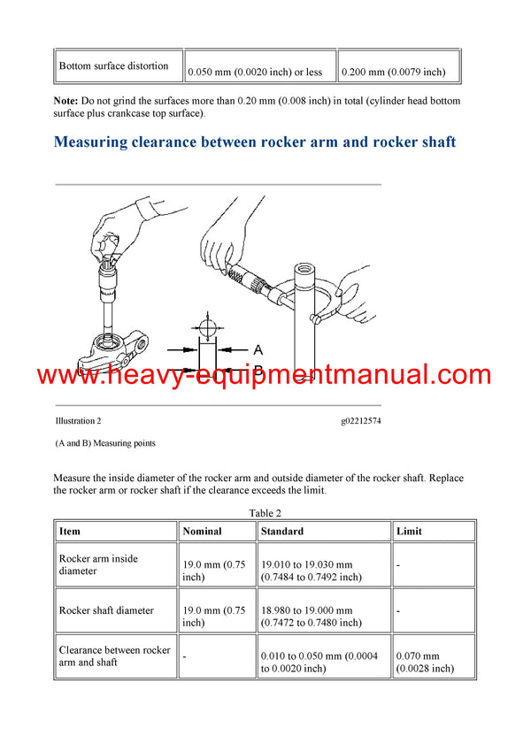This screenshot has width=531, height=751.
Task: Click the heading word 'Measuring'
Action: click(x=96, y=142)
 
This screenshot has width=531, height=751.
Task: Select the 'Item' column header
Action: click(x=69, y=531)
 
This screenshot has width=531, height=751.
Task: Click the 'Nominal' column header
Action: click(x=202, y=531)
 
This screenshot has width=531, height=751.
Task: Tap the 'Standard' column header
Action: click(x=282, y=531)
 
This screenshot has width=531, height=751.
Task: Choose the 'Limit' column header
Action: click(x=410, y=531)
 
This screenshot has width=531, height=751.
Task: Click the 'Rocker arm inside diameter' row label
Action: click(x=98, y=564)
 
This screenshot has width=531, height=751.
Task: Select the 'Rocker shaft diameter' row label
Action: click(x=105, y=610)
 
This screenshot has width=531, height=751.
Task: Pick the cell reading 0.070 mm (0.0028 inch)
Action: click(x=425, y=662)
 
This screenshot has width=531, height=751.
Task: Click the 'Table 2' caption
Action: click(x=265, y=513)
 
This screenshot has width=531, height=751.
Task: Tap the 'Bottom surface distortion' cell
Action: click(x=113, y=65)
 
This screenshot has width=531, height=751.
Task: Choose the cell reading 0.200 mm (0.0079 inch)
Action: click(x=394, y=72)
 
